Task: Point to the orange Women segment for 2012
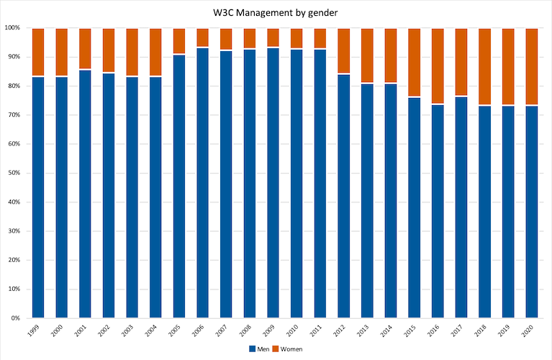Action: coord(344,51)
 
